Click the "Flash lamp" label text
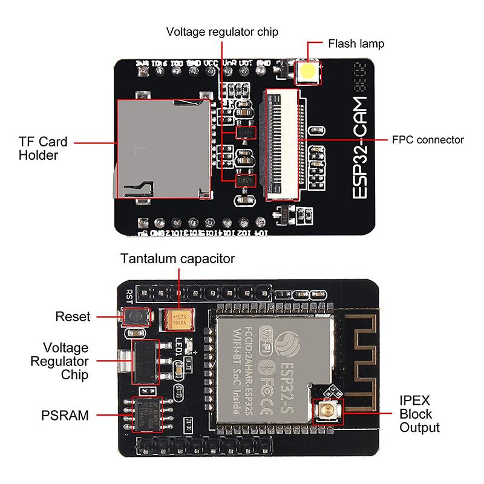tap(356, 44)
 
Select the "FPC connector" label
tap(427, 140)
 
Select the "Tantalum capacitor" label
tap(178, 259)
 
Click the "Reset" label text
tap(73, 316)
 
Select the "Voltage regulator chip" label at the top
tap(223, 31)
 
